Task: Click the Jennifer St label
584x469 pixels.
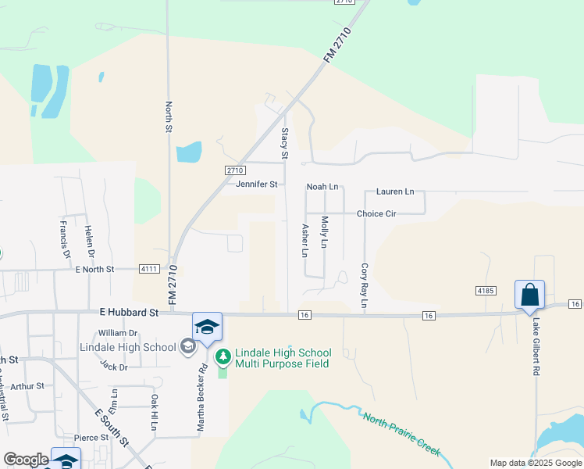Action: tap(257, 184)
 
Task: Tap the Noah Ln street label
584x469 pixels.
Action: tap(322, 187)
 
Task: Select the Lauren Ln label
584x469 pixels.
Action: tap(395, 192)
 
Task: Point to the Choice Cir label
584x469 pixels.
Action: tap(376, 213)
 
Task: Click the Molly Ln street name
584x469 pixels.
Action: tap(325, 232)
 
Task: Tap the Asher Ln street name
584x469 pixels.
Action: tap(305, 241)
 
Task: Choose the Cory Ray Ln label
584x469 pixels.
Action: tap(364, 285)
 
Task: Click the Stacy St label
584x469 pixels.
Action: tap(285, 141)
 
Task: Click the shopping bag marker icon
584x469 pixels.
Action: tap(529, 295)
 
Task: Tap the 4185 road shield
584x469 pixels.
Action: tap(486, 290)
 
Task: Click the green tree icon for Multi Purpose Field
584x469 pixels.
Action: tap(223, 357)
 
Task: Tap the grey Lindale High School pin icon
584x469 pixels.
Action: tap(187, 345)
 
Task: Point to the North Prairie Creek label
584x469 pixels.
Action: tap(401, 434)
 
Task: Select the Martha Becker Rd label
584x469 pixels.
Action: tap(202, 399)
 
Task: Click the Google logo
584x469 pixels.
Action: tap(26, 460)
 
